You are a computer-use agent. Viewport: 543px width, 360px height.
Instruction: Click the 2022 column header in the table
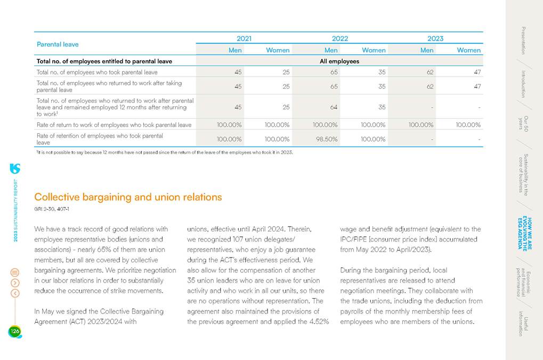(x=339, y=38)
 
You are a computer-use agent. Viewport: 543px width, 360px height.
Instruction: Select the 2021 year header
(x=244, y=38)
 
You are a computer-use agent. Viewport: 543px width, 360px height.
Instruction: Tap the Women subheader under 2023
(x=468, y=50)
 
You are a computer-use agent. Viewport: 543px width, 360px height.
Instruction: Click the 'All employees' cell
(x=339, y=61)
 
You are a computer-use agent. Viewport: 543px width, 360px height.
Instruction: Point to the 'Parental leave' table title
(x=58, y=44)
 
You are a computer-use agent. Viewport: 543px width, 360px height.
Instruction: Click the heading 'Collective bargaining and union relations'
(x=128, y=197)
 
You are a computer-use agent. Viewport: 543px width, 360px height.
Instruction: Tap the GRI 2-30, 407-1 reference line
(x=52, y=209)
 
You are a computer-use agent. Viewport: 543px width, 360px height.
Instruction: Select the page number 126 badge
(x=14, y=332)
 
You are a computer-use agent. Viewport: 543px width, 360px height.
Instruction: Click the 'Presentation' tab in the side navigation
(x=523, y=40)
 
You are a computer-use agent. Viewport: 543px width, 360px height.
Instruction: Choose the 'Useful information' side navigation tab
(x=523, y=323)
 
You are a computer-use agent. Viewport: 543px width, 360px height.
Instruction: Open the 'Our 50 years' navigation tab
(x=523, y=123)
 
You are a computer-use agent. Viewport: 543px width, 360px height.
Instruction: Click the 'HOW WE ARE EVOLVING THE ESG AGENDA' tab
(x=523, y=234)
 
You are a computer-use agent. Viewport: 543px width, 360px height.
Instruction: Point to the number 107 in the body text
(x=240, y=239)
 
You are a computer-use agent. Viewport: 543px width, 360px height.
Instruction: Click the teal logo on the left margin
(x=15, y=169)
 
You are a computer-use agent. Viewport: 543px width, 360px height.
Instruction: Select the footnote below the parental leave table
(x=164, y=153)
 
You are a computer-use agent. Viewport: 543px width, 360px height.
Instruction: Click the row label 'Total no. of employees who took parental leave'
(x=97, y=72)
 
